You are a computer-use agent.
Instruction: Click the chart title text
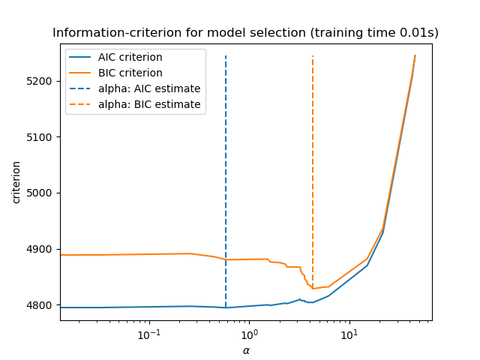tap(245, 33)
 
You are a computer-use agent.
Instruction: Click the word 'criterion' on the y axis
tap(16, 181)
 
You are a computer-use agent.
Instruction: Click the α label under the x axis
tap(245, 350)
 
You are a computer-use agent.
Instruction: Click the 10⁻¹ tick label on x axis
tap(149, 333)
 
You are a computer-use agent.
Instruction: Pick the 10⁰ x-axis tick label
tap(249, 333)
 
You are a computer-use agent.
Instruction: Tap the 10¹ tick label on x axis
tap(349, 333)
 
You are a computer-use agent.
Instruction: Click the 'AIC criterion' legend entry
tap(130, 58)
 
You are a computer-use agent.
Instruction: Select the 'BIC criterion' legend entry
tap(130, 73)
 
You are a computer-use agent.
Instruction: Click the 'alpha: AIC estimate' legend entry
tap(149, 88)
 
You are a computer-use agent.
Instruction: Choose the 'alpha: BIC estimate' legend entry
tap(149, 104)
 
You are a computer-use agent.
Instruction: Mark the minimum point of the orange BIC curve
tap(313, 289)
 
